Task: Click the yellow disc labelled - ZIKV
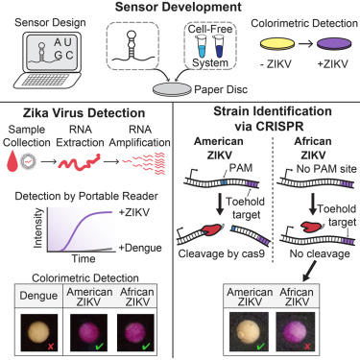pyautogui.click(x=277, y=44)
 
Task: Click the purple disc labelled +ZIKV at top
pyautogui.click(x=334, y=44)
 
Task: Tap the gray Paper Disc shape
pyautogui.click(x=172, y=89)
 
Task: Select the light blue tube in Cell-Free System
pyautogui.click(x=203, y=47)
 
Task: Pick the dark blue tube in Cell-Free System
pyautogui.click(x=219, y=47)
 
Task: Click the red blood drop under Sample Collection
pyautogui.click(x=12, y=162)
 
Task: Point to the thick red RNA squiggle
pyautogui.click(x=80, y=162)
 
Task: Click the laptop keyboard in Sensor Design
pyautogui.click(x=45, y=80)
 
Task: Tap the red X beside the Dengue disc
pyautogui.click(x=50, y=346)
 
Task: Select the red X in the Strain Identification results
pyautogui.click(x=307, y=346)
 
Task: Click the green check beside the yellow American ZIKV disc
pyautogui.click(x=261, y=346)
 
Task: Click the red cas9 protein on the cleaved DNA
pyautogui.click(x=212, y=230)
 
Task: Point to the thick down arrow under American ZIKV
pyautogui.click(x=220, y=204)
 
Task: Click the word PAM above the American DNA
pyautogui.click(x=241, y=168)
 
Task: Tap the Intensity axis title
pyautogui.click(x=38, y=228)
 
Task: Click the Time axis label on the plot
pyautogui.click(x=84, y=258)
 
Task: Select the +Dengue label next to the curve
pyautogui.click(x=140, y=248)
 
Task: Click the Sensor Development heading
pyautogui.click(x=179, y=7)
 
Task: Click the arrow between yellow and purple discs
pyautogui.click(x=305, y=43)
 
